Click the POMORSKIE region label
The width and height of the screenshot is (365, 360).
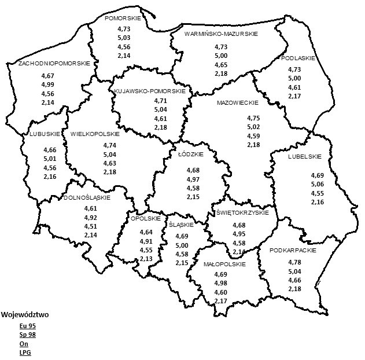click(125, 18)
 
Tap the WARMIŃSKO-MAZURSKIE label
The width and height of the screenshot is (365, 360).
click(221, 34)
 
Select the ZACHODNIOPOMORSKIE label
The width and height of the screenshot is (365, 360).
click(54, 63)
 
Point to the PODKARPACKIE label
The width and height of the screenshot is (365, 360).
click(289, 251)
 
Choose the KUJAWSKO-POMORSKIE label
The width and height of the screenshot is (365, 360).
click(150, 91)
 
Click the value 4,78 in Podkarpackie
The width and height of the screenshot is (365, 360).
click(294, 262)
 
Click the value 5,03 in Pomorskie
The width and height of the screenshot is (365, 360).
click(124, 38)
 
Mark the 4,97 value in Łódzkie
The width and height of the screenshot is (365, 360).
click(193, 179)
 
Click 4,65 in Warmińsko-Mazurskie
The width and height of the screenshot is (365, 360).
click(221, 64)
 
